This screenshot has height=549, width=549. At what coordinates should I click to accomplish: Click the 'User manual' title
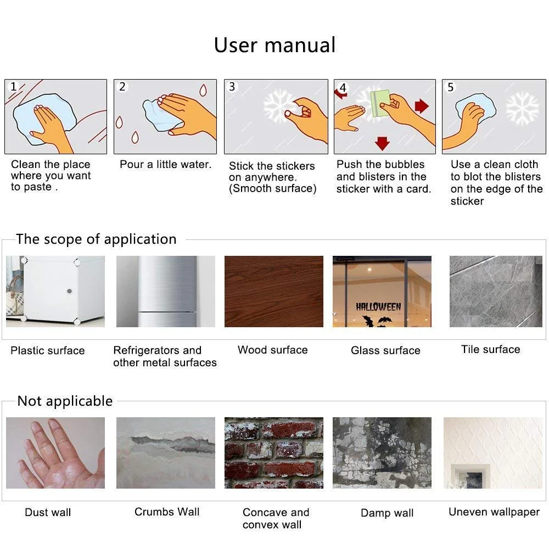pos(275,45)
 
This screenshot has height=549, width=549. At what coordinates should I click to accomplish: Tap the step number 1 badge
pos(14,87)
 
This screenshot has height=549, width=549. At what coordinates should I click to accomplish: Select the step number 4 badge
pos(343,87)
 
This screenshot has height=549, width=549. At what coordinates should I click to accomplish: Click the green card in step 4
pos(380,103)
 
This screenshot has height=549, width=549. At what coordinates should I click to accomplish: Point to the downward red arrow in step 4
pos(382,143)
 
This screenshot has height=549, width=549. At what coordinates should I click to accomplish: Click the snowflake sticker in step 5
pos(523,108)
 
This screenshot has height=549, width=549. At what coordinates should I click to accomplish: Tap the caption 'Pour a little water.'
pos(166,165)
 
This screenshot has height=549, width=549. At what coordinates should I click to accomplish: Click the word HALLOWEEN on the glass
pos(378,307)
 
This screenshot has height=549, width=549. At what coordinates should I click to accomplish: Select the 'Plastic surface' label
pos(48,350)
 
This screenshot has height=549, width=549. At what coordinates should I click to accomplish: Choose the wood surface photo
pos(274,292)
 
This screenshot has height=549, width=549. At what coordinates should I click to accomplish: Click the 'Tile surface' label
pos(490,349)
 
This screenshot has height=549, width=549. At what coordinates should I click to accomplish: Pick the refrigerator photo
pos(166,292)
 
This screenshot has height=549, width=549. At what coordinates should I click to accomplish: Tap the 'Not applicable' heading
pos(65,401)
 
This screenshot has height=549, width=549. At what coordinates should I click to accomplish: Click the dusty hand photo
pos(55,453)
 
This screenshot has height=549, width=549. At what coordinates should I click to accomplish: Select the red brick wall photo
pos(274,453)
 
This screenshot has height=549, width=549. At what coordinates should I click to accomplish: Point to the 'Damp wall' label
pos(387,513)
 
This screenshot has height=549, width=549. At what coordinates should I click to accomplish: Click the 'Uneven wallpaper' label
pos(494,512)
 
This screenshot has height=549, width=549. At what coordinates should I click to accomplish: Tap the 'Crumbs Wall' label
pos(167,512)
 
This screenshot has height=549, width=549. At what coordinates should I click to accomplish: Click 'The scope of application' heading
pos(96,239)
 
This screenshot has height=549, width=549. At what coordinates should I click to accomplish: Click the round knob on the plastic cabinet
pos(69,291)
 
